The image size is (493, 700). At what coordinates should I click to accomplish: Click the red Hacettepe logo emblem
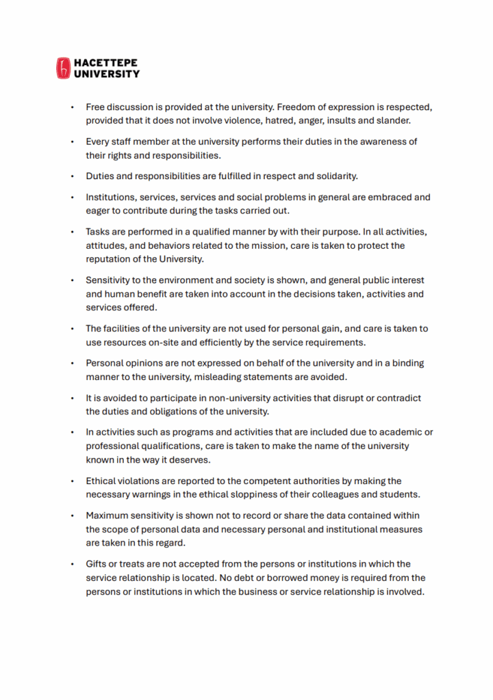point(63,68)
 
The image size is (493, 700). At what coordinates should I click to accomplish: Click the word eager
point(99,211)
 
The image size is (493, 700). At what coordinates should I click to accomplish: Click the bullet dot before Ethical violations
point(73,481)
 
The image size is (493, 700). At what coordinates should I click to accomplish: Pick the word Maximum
point(108,515)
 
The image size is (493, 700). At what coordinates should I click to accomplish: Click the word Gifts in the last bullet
point(97,564)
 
